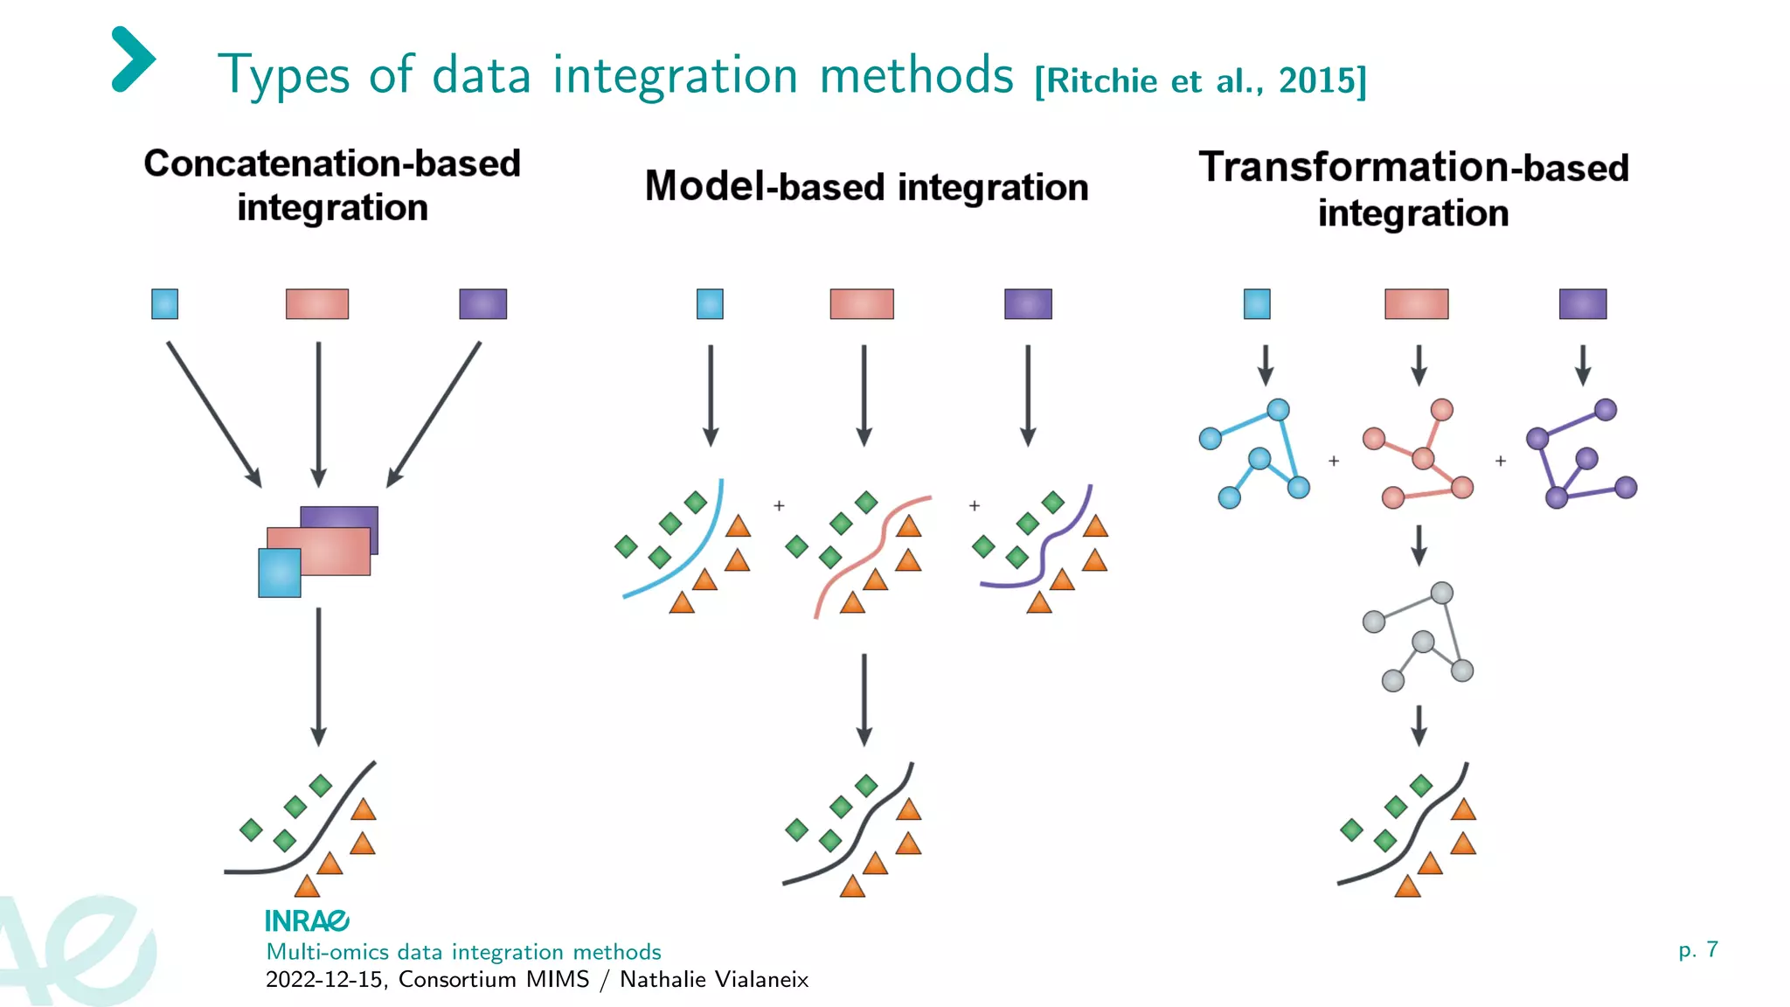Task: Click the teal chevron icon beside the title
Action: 133,59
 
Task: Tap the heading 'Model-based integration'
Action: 866,187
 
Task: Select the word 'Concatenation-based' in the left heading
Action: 332,163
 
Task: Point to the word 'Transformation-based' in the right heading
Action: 1413,167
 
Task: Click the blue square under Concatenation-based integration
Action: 164,304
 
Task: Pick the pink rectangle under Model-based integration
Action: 862,304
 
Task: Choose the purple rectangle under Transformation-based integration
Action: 1583,304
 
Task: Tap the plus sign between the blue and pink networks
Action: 1334,461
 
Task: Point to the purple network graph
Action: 1579,455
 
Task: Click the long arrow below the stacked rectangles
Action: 319,677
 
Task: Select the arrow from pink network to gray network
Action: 1419,545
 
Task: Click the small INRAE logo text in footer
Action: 307,920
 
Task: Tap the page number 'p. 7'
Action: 1698,949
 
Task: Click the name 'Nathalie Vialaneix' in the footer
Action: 714,979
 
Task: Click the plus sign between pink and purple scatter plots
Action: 975,505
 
